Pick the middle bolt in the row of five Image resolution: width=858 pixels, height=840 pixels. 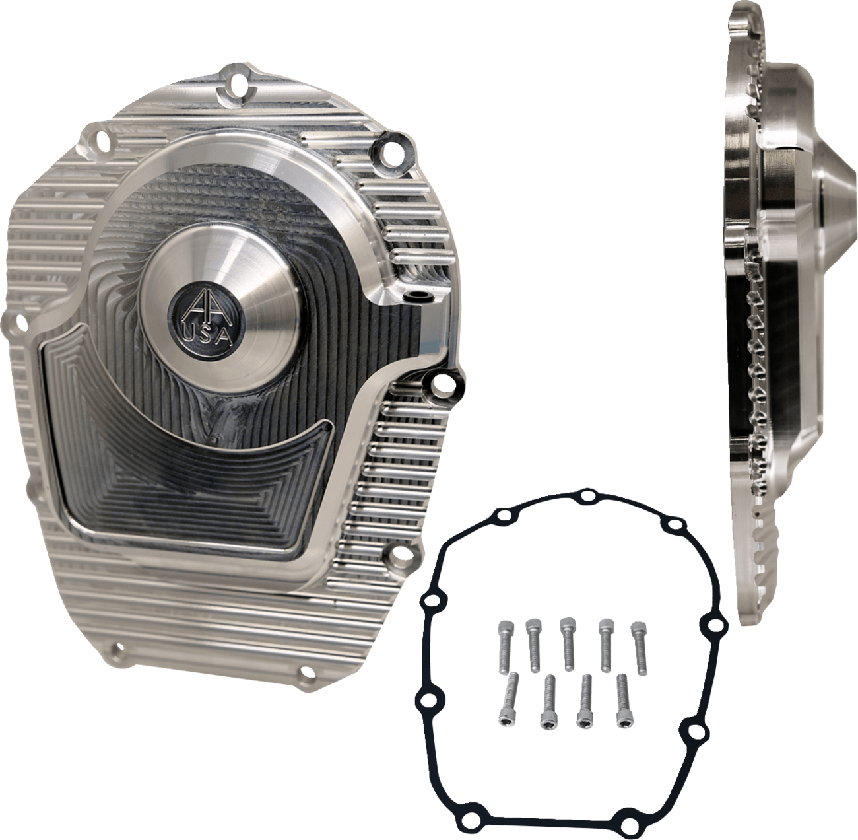[x=567, y=634]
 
